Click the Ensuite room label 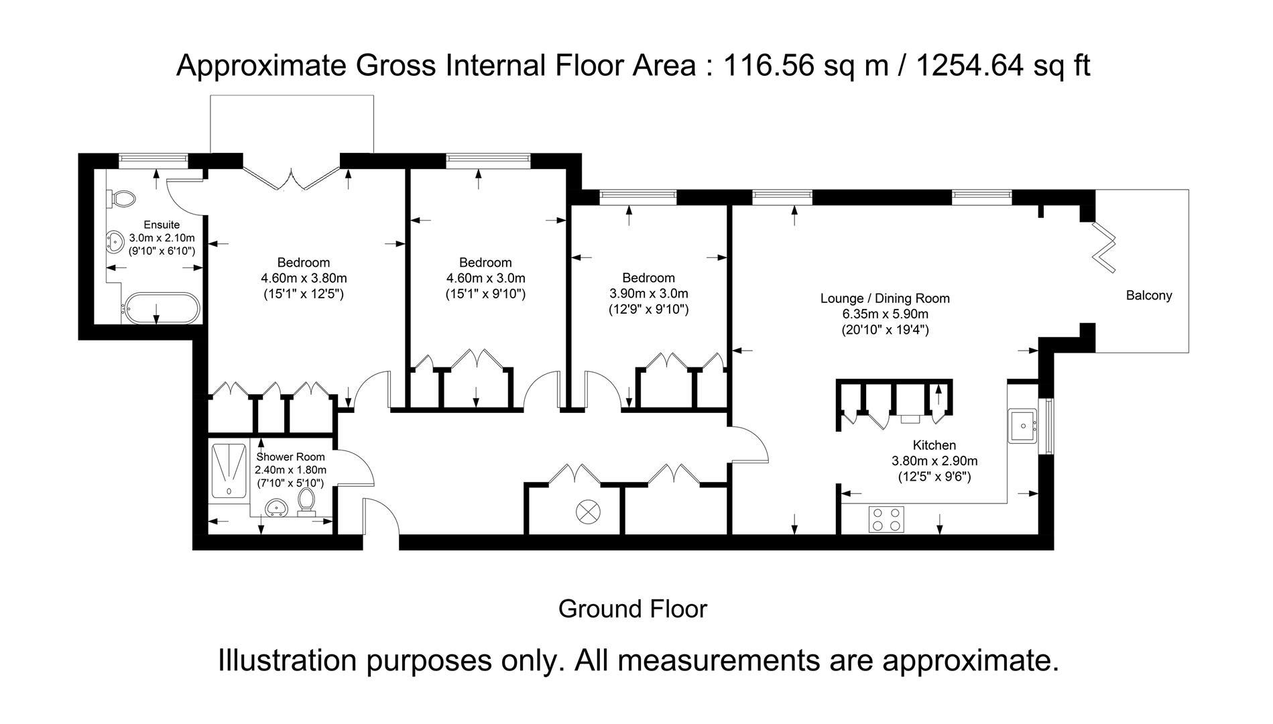point(162,225)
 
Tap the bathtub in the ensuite point(160,308)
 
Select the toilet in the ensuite point(121,198)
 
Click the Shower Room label point(290,457)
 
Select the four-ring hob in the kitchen point(886,520)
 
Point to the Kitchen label point(934,445)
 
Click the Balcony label point(1149,296)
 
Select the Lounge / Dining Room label point(885,298)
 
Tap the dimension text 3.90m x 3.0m point(648,294)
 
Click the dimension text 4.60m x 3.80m point(304,278)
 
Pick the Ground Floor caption point(633,609)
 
